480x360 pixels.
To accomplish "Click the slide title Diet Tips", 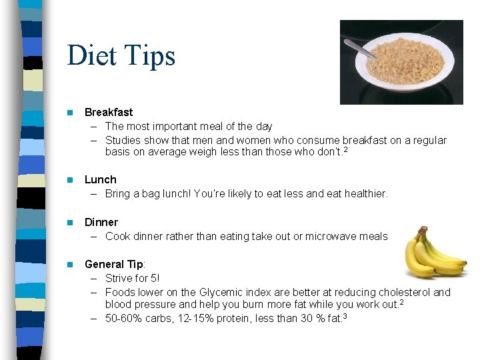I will [x=121, y=55].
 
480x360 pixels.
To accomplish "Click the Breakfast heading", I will [x=109, y=112].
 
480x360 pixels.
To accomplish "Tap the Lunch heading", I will [x=100, y=179].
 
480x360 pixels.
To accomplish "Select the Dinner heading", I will [x=101, y=222].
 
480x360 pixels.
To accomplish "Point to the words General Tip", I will [x=113, y=264].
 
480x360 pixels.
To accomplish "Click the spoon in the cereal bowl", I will [x=361, y=48].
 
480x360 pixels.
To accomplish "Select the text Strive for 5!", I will [x=132, y=278].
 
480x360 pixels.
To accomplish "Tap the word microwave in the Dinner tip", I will [x=331, y=236].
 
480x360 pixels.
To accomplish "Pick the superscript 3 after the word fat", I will [x=345, y=315].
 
